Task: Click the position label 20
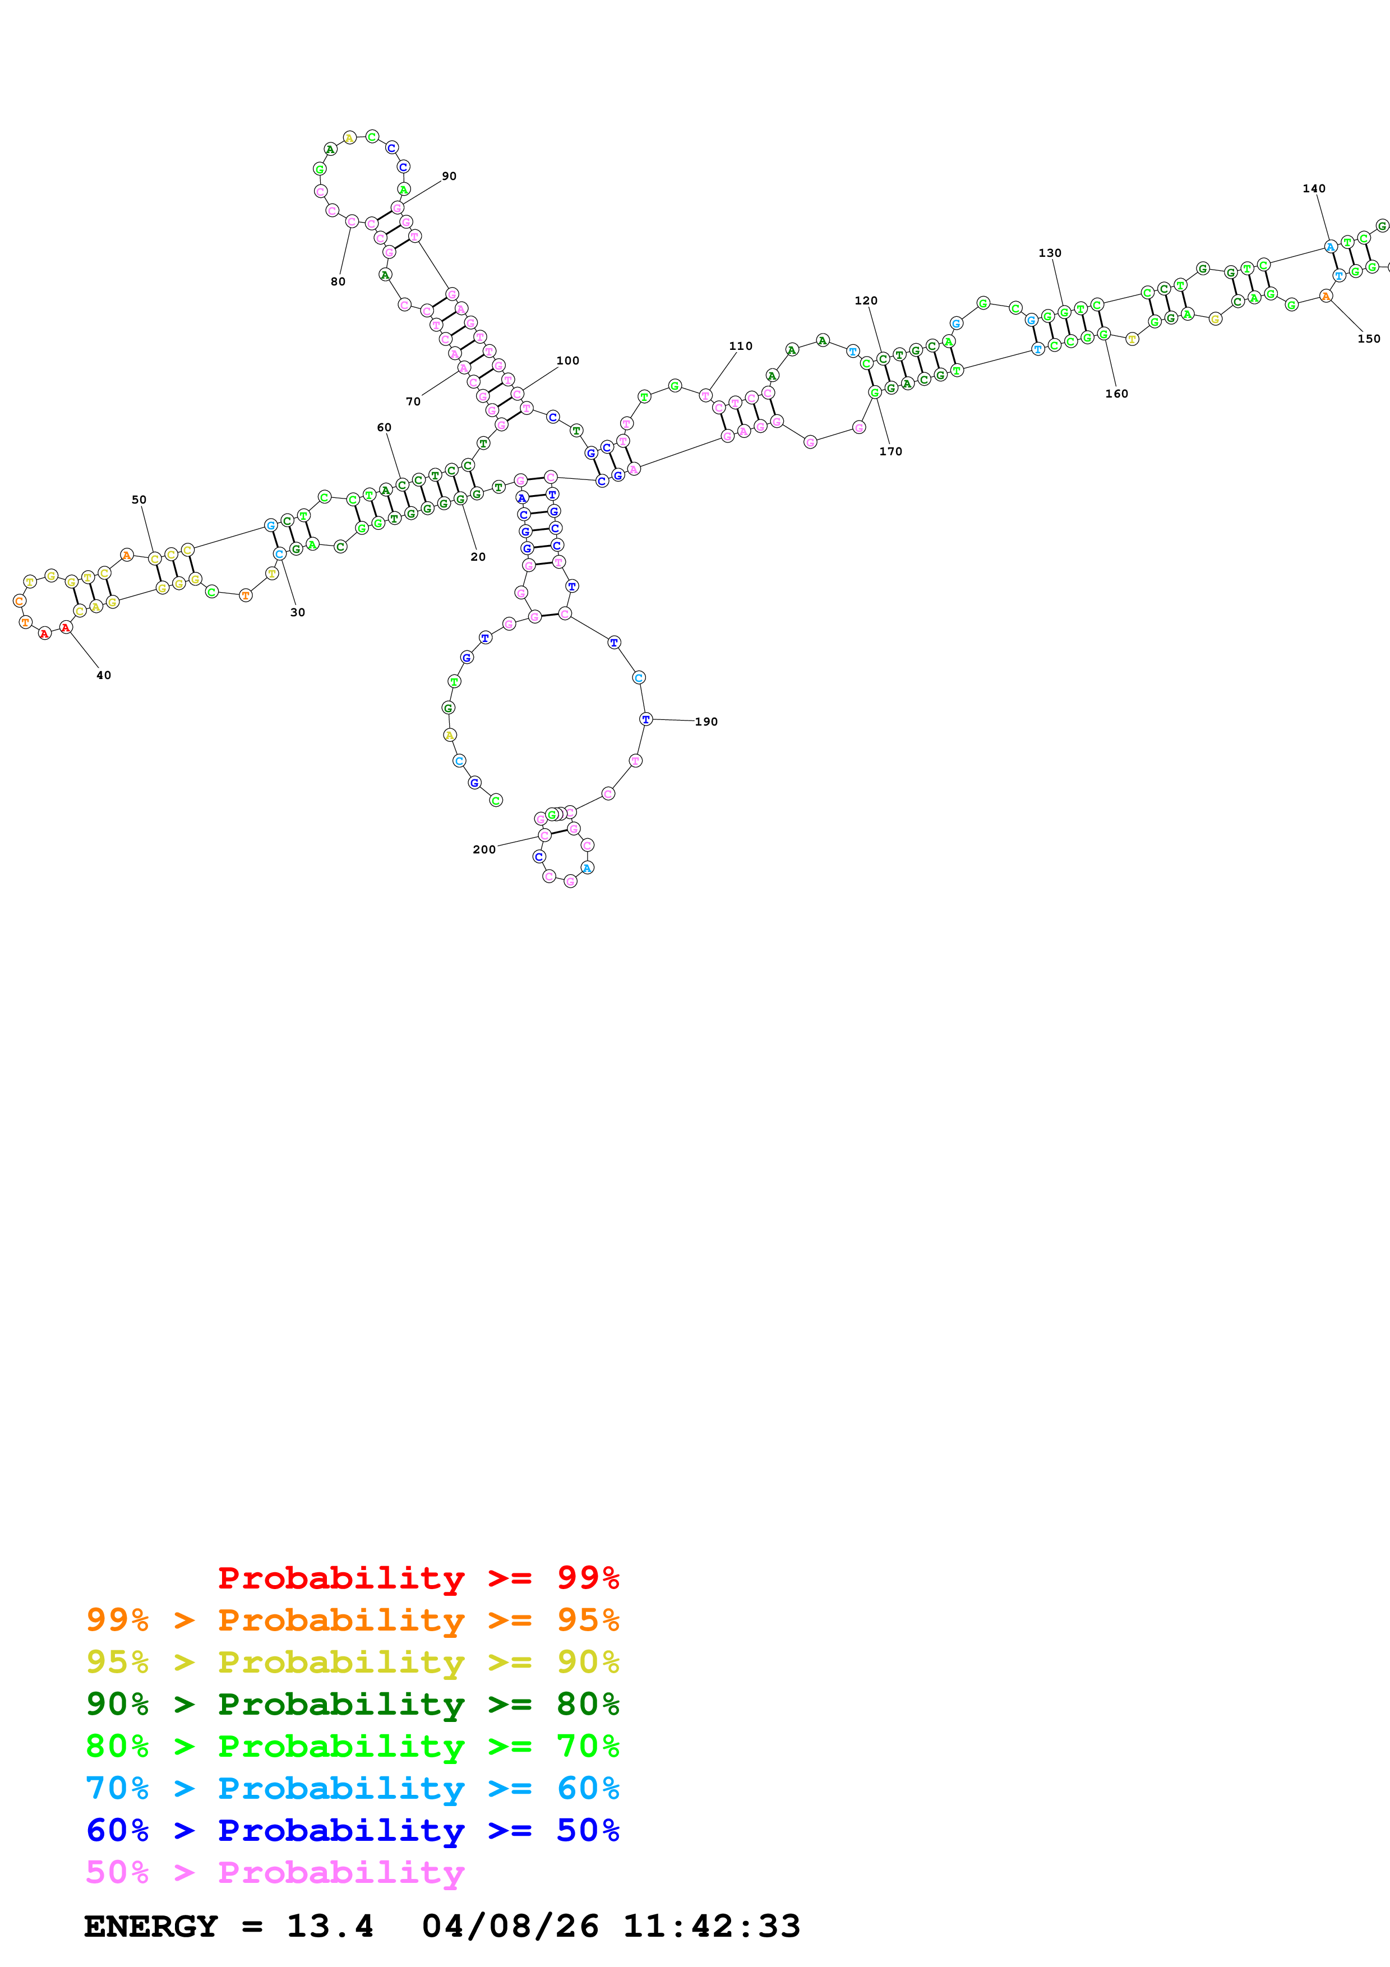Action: tap(478, 557)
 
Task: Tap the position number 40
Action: tap(104, 675)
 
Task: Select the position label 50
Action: tap(138, 500)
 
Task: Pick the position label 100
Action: tap(568, 361)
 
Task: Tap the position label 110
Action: tap(741, 346)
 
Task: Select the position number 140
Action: tap(1314, 188)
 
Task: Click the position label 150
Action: tap(1369, 339)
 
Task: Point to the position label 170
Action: tap(891, 451)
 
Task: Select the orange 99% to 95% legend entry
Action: tap(353, 1619)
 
